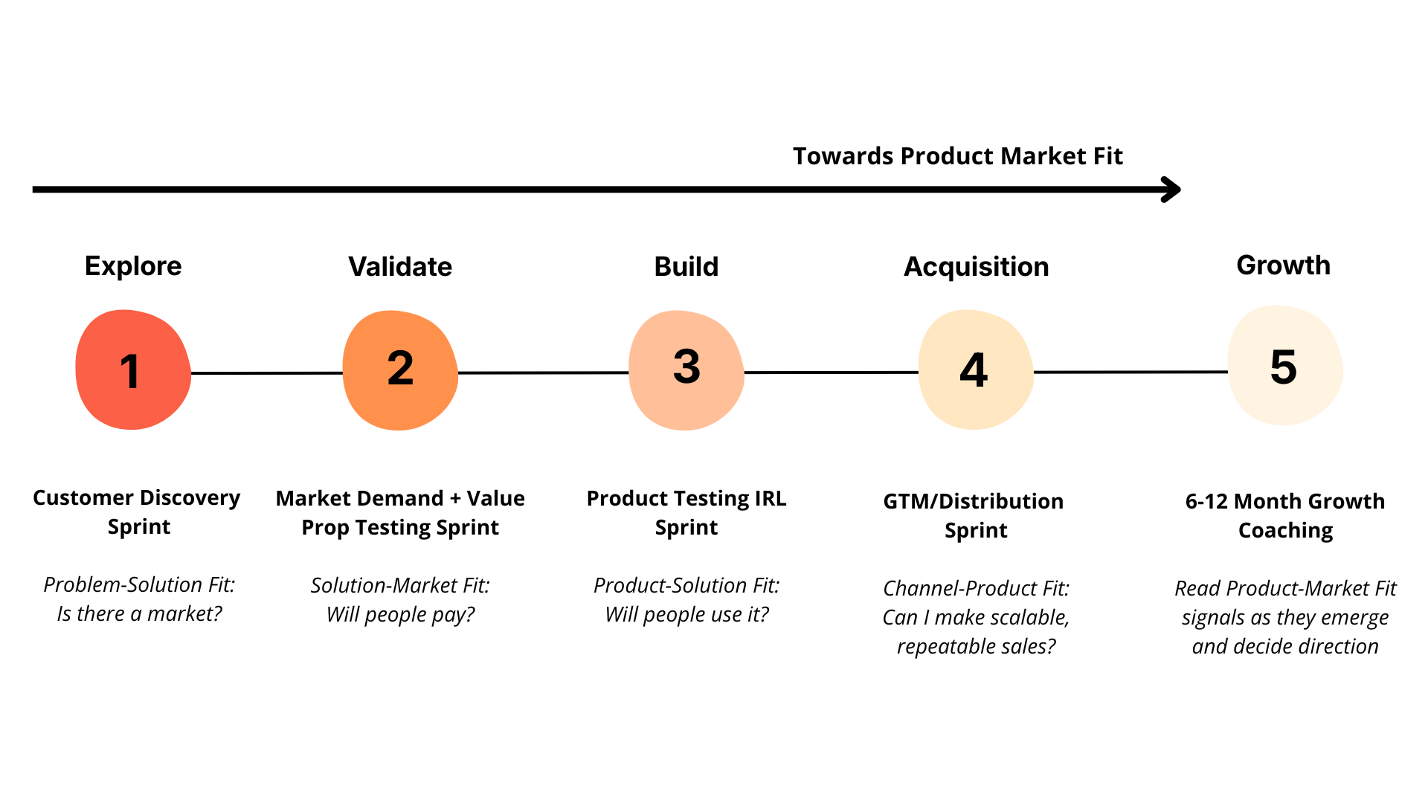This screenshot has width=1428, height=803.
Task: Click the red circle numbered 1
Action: click(133, 370)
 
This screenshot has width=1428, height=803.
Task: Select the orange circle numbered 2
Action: click(400, 370)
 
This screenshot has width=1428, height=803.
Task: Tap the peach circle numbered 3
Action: click(686, 370)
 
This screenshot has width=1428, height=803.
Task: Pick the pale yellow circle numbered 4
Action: click(975, 370)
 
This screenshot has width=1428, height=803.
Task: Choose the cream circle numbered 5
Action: click(1284, 366)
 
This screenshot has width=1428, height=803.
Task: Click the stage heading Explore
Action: click(133, 266)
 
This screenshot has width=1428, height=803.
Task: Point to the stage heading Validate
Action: click(400, 267)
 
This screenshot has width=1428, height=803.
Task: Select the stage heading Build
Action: click(686, 267)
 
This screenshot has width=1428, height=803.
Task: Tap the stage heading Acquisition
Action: click(976, 267)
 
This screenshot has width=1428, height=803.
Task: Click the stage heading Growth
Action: click(1283, 265)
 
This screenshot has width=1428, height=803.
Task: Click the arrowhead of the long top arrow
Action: click(1172, 190)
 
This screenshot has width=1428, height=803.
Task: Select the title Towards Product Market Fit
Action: click(957, 156)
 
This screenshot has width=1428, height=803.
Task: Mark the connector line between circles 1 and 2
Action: click(266, 373)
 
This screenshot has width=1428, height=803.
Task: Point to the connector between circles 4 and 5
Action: click(1130, 372)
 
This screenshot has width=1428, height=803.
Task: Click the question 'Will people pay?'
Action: click(400, 615)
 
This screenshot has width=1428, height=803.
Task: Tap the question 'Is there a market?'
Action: click(139, 614)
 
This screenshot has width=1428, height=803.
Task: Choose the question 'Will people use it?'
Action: click(686, 615)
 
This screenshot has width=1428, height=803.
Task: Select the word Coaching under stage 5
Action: click(1285, 531)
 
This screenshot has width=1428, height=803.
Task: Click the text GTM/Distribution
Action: click(973, 502)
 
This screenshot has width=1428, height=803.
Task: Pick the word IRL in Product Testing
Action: click(770, 499)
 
